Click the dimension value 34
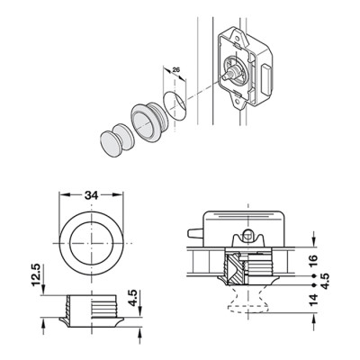91,195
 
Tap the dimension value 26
176,70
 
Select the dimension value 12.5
36,275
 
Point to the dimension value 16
312,262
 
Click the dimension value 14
312,301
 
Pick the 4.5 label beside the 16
325,281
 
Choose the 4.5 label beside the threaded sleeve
132,298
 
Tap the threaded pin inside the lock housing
231,75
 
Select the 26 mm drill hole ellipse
175,104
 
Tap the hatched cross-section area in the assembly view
236,269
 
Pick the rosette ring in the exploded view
147,121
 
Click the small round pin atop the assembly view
247,234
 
